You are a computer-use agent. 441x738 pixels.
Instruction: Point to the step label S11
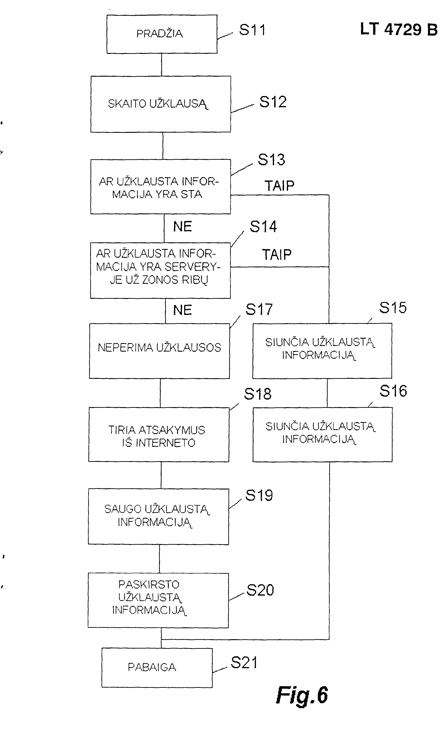point(252,30)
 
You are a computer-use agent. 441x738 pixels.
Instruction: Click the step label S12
point(273,102)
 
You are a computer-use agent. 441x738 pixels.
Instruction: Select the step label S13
point(271,160)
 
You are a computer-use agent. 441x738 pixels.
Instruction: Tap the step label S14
point(263,227)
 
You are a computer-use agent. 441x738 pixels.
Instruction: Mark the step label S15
point(393,308)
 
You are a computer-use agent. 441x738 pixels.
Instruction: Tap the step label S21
point(244,663)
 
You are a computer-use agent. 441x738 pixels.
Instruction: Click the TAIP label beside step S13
point(280,186)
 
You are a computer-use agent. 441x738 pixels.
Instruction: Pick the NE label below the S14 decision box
point(183,310)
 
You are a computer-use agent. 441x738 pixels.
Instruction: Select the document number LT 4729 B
point(399,29)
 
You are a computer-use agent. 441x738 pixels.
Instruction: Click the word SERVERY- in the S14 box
point(193,267)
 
